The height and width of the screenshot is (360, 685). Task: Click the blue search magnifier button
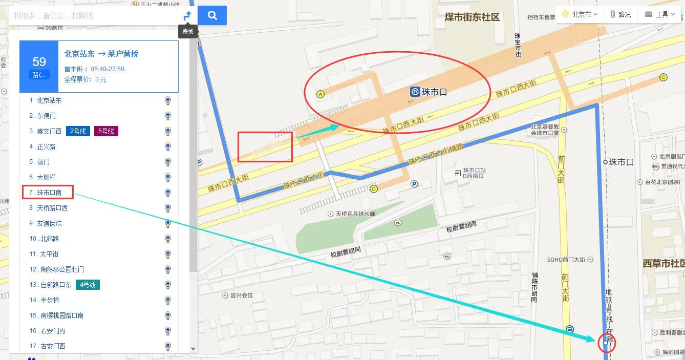coord(212,15)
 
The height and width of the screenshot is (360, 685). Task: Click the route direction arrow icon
coord(187,15)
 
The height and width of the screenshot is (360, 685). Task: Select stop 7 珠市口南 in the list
coord(49,193)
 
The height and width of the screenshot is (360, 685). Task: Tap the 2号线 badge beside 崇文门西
coord(78,131)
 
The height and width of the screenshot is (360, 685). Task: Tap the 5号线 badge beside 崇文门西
coord(106,131)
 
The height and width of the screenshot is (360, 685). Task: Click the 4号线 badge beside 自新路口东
coord(88,285)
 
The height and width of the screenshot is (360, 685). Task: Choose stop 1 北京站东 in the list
coord(49,100)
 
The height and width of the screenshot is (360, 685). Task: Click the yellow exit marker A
coord(321,94)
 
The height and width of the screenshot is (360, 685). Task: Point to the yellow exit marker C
coord(663,77)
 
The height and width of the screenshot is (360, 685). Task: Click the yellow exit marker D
coord(374,189)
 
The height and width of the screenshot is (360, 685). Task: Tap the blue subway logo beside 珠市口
coord(415,92)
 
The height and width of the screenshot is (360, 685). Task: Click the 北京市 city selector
coord(580,14)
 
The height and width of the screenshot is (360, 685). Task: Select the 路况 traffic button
coord(620,14)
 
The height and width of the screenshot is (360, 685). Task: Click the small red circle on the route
coord(606,343)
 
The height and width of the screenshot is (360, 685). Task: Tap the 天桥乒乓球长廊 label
coord(362,214)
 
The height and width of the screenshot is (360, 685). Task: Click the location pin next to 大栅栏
coord(167,177)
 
